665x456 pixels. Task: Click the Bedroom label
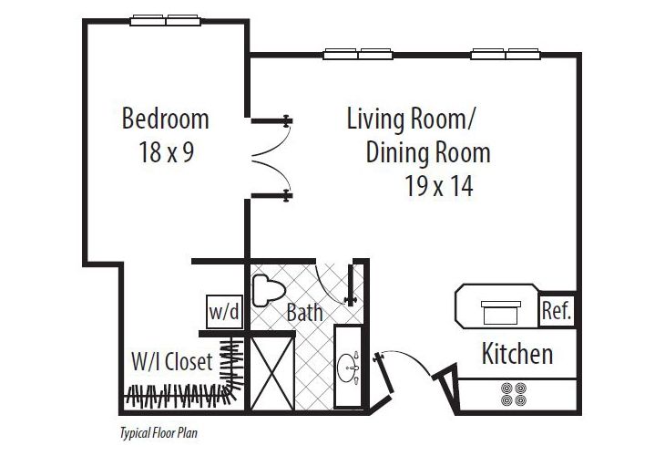pyautogui.click(x=165, y=119)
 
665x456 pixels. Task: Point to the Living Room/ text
pyautogui.click(x=412, y=119)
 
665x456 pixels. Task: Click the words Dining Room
pyautogui.click(x=428, y=151)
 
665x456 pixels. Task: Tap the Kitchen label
pyautogui.click(x=517, y=353)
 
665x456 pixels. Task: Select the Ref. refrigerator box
pyautogui.click(x=556, y=310)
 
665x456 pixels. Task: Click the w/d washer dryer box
pyautogui.click(x=224, y=311)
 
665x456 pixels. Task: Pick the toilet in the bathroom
pyautogui.click(x=267, y=291)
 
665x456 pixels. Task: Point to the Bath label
pyautogui.click(x=305, y=313)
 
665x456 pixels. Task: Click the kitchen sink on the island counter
pyautogui.click(x=497, y=308)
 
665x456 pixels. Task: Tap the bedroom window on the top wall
pyautogui.click(x=165, y=20)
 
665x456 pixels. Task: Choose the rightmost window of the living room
pyautogui.click(x=502, y=53)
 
